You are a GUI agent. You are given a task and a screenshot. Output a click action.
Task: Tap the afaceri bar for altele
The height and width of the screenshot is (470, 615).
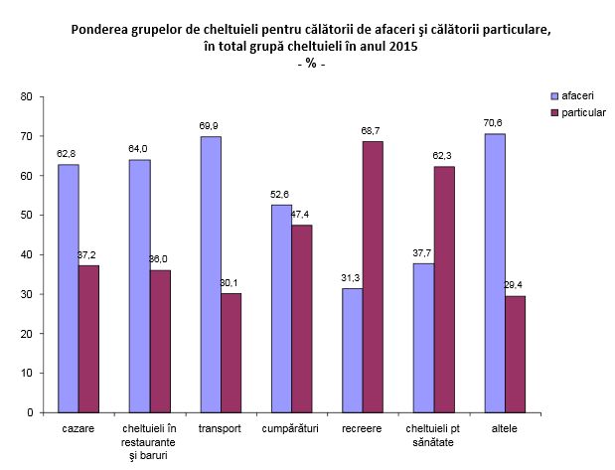495,273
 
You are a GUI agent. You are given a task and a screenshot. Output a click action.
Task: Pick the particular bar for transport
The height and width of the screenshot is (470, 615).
231,353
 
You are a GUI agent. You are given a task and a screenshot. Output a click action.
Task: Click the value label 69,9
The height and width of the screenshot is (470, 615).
210,127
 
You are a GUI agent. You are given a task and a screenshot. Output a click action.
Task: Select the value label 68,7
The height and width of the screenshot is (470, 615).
373,131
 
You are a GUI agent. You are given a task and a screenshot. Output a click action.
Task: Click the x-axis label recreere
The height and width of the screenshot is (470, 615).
362,427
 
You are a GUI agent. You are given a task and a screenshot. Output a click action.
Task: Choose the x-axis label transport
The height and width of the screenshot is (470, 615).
220,427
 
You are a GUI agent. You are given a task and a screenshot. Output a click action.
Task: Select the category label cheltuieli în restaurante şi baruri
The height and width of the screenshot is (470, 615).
149,440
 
